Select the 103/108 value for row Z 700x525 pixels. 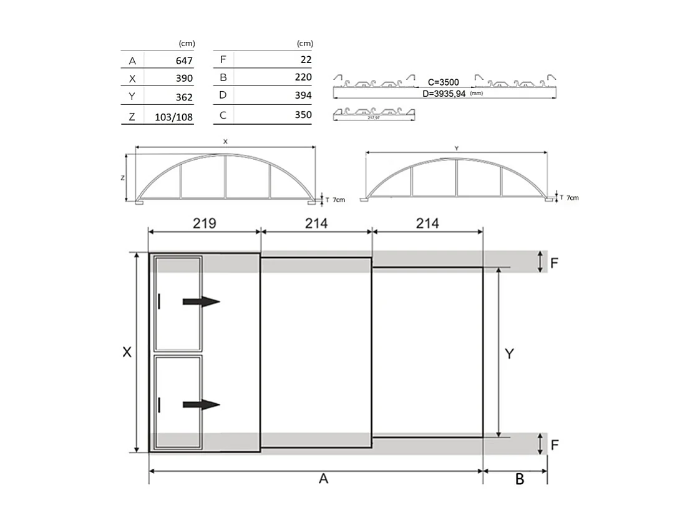click(x=170, y=116)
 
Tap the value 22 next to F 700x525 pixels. click(x=306, y=60)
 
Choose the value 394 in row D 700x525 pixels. click(x=303, y=96)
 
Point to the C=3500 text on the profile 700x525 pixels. click(x=444, y=82)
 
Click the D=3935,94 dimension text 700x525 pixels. click(x=445, y=94)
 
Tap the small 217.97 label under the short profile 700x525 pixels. click(x=374, y=117)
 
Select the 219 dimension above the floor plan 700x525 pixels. click(x=204, y=223)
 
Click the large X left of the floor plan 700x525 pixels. click(x=127, y=352)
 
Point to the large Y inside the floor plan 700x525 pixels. click(x=509, y=353)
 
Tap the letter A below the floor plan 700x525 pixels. click(x=323, y=479)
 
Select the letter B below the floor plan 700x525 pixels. click(x=520, y=479)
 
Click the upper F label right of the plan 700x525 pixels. click(x=554, y=262)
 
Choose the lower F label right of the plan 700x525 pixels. click(x=554, y=445)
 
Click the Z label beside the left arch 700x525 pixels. click(x=123, y=178)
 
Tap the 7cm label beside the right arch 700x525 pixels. click(x=571, y=198)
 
